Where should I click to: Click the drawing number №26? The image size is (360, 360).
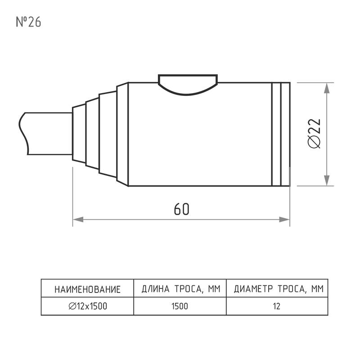[x=28, y=22]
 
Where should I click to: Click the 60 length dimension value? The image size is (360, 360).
[x=181, y=209]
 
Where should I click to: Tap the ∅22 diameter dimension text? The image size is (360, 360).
[x=314, y=133]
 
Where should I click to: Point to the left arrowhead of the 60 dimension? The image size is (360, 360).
[x=78, y=220]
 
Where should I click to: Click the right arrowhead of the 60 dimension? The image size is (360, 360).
[x=284, y=220]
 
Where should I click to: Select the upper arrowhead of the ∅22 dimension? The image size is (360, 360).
[x=327, y=88]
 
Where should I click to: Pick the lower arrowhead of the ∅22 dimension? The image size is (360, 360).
[x=327, y=181]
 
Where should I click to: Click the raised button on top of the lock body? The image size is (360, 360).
[x=188, y=85]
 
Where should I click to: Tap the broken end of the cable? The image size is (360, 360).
[x=23, y=133]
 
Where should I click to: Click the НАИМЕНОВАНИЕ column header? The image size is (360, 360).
[x=87, y=289]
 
